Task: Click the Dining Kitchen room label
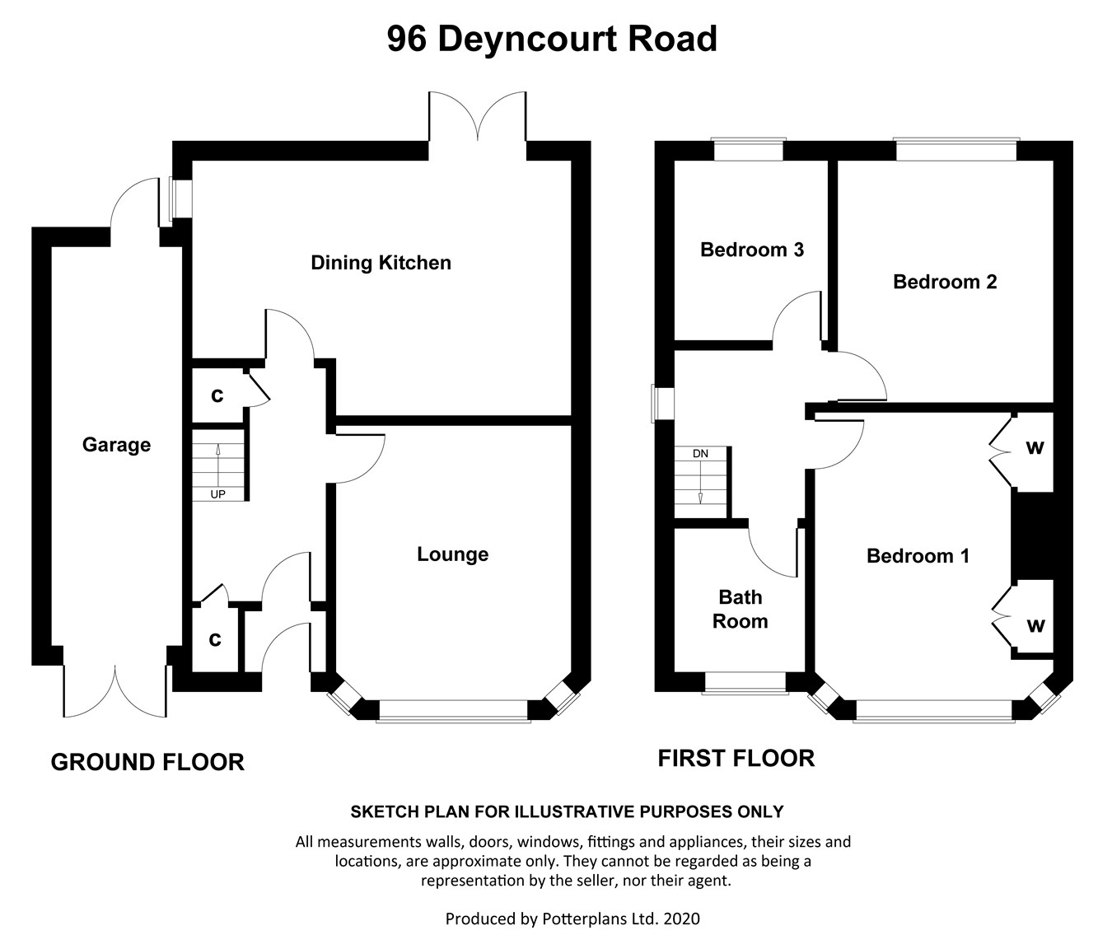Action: tap(381, 263)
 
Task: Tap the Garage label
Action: tap(116, 445)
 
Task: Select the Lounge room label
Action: tap(452, 554)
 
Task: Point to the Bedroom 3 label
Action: tap(751, 250)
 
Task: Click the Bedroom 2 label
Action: tap(945, 282)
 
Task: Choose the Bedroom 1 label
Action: tap(918, 556)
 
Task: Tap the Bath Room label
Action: tap(740, 609)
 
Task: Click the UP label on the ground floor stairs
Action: tap(218, 494)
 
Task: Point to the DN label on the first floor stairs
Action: tap(700, 454)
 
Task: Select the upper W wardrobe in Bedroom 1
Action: tap(1035, 448)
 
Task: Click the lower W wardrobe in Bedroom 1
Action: tap(1035, 625)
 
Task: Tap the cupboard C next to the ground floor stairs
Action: tap(217, 396)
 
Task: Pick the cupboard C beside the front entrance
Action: tap(215, 639)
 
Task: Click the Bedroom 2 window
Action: tap(955, 149)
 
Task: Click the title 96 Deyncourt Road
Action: tap(552, 39)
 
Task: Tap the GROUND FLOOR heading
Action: tap(147, 762)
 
